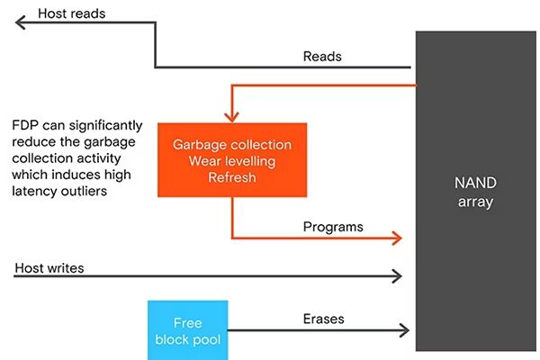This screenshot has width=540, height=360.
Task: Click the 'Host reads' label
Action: [72, 14]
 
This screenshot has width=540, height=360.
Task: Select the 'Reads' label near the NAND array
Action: [322, 56]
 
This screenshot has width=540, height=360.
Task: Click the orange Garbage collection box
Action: [232, 159]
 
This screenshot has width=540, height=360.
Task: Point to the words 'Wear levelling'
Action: [232, 161]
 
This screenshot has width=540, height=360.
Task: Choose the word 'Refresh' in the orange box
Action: [232, 178]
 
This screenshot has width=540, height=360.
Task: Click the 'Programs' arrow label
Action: [333, 227]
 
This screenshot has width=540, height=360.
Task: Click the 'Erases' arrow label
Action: [323, 319]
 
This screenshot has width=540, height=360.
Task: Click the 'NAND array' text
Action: [474, 191]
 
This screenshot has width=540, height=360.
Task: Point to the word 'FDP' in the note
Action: [26, 125]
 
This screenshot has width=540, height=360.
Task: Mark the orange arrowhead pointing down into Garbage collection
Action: [232, 116]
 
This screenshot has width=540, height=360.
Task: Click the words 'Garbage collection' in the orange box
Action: [232, 145]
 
